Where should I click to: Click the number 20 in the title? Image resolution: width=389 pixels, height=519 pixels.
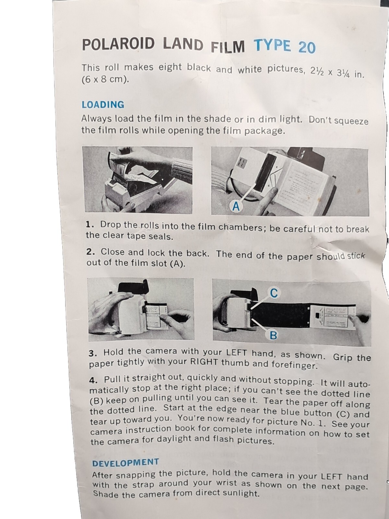pyautogui.click(x=307, y=47)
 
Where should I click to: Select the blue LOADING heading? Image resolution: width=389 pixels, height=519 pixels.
pyautogui.click(x=103, y=104)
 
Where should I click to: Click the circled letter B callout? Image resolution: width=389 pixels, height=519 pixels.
pyautogui.click(x=273, y=335)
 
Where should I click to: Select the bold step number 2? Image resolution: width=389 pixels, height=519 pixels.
pyautogui.click(x=91, y=252)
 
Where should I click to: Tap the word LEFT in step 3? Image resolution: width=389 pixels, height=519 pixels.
pyautogui.click(x=236, y=353)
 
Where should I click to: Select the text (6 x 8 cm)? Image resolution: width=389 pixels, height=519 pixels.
pyautogui.click(x=105, y=79)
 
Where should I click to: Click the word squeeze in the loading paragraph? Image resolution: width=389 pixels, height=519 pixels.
pyautogui.click(x=351, y=121)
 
